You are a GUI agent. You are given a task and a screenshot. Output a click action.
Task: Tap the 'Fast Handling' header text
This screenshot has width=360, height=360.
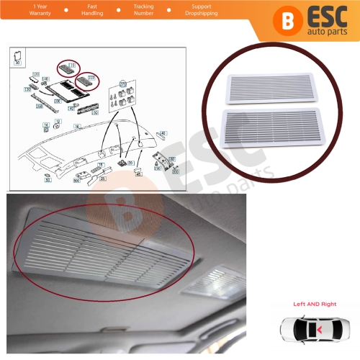pos(92,9)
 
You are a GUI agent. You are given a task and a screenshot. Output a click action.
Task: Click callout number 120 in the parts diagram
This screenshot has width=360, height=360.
pos(35,74)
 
